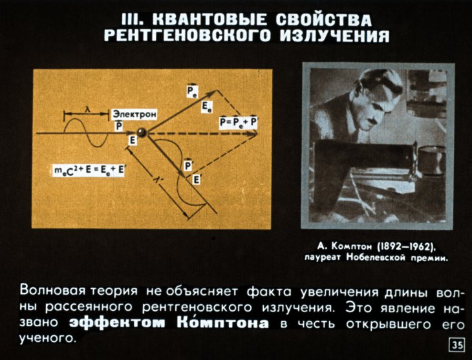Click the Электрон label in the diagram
pyautogui.click(x=134, y=114)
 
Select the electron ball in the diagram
pyautogui.click(x=141, y=132)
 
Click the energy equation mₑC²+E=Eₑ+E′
pyautogui.click(x=89, y=170)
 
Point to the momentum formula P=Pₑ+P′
pyautogui.click(x=238, y=123)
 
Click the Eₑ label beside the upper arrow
pyautogui.click(x=207, y=107)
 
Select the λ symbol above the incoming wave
pyautogui.click(x=87, y=110)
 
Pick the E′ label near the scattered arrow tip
pyautogui.click(x=197, y=180)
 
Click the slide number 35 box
pyautogui.click(x=457, y=345)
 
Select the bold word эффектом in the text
pyautogui.click(x=117, y=323)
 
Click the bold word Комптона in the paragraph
pyautogui.click(x=222, y=322)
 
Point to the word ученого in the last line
pyautogui.click(x=47, y=338)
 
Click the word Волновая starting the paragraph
pyautogui.click(x=52, y=291)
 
